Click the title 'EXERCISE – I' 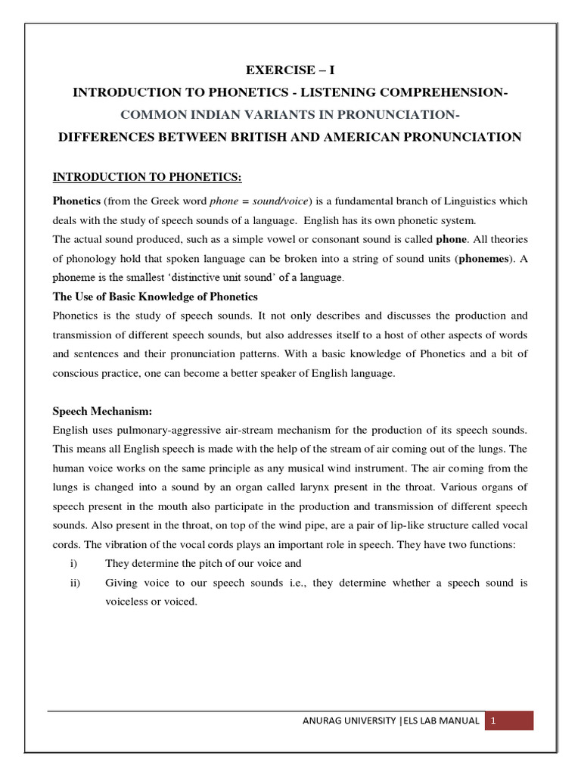[x=290, y=70]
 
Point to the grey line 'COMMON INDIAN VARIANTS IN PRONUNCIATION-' [x=290, y=114]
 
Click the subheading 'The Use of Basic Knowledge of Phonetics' [x=155, y=296]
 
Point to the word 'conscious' [x=76, y=373]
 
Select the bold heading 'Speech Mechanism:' [x=102, y=411]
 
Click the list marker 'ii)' [x=74, y=583]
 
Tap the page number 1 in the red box [x=492, y=721]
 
